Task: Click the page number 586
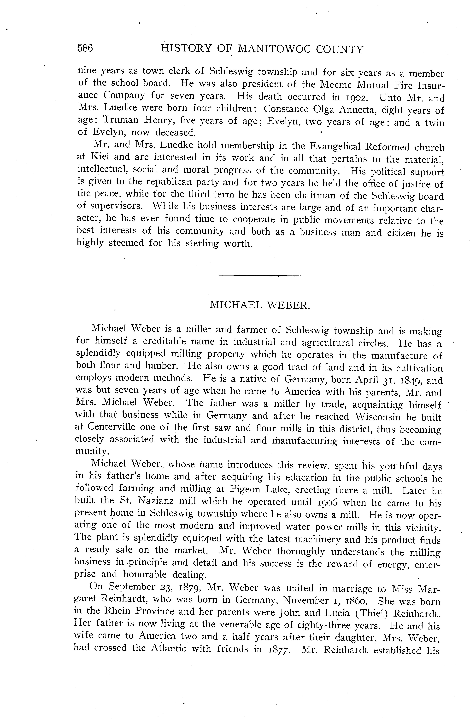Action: point(85,48)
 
